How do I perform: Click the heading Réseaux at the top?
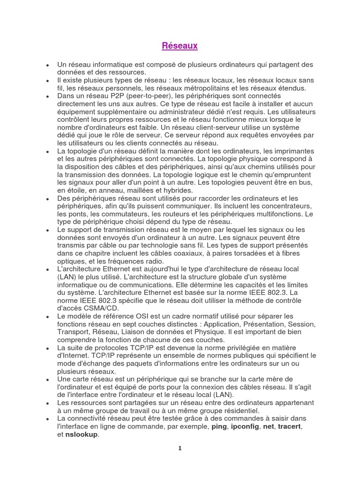click(180, 46)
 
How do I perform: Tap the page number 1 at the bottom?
click(180, 448)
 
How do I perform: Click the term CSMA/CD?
click(103, 308)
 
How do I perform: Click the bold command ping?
click(219, 427)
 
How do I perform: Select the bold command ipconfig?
click(246, 427)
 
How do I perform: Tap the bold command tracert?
click(289, 427)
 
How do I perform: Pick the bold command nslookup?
click(82, 435)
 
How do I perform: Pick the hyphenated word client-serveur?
click(202, 127)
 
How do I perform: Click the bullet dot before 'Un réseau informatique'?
click(48, 64)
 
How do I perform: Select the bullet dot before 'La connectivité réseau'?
click(48, 419)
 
